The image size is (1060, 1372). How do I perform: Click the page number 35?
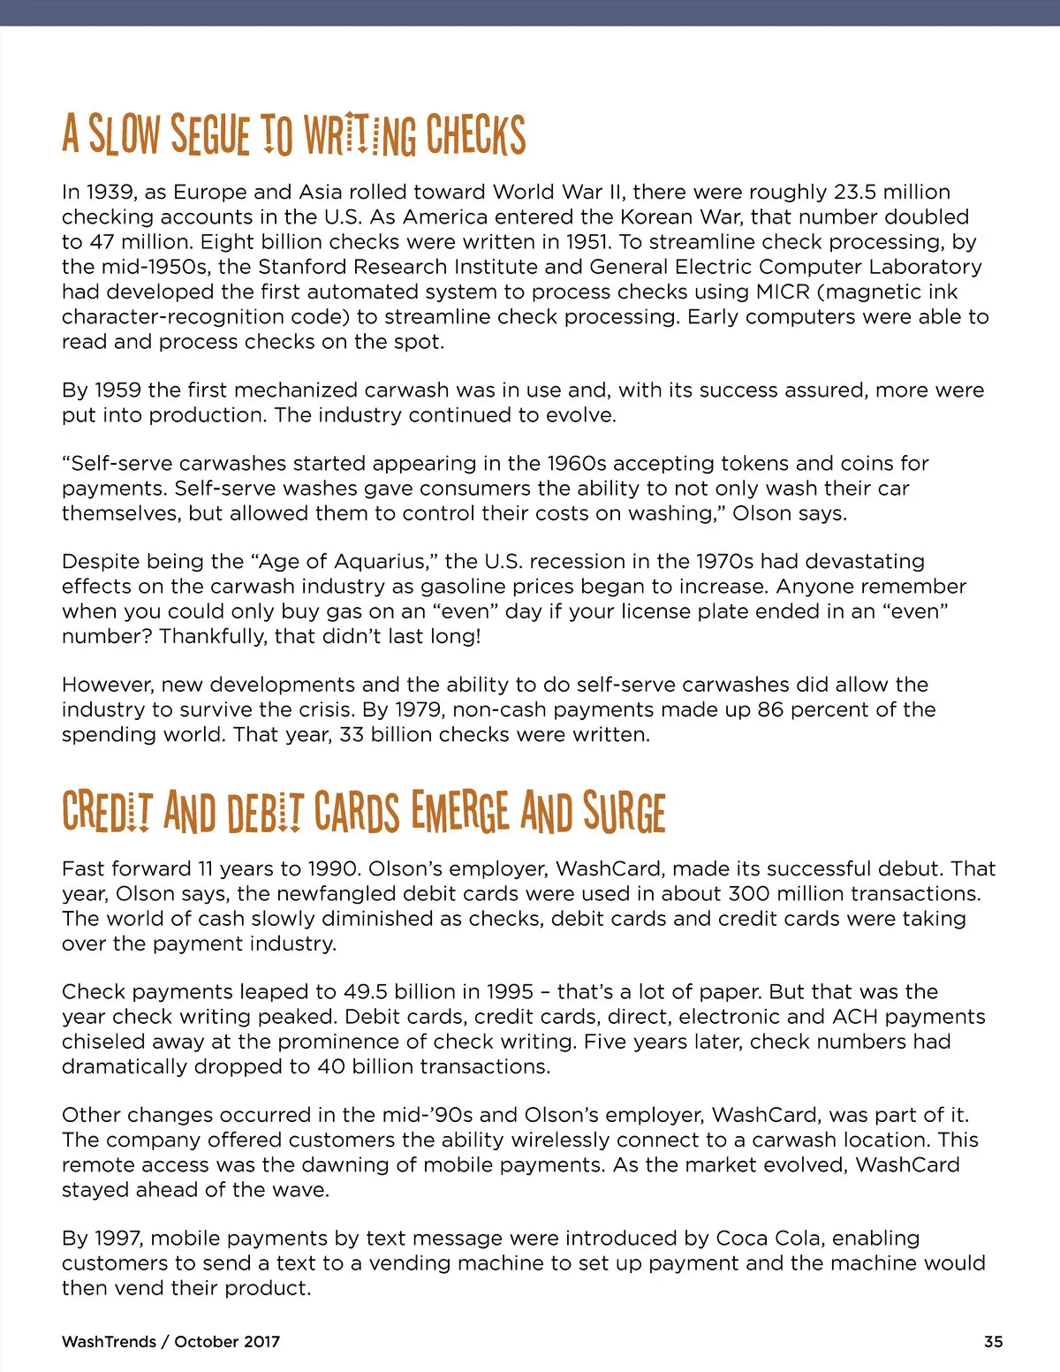tap(993, 1341)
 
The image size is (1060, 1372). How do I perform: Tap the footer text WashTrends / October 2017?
tap(170, 1341)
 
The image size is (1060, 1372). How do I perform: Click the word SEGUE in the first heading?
tap(210, 135)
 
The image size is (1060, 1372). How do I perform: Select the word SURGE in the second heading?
tap(624, 812)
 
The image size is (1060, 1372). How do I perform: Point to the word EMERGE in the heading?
tap(460, 812)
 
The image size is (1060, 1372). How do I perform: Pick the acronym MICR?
tap(783, 292)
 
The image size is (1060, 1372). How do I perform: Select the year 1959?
tap(117, 390)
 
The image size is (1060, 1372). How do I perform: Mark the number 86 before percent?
tap(770, 709)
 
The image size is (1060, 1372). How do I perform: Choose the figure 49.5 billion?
tap(397, 991)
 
